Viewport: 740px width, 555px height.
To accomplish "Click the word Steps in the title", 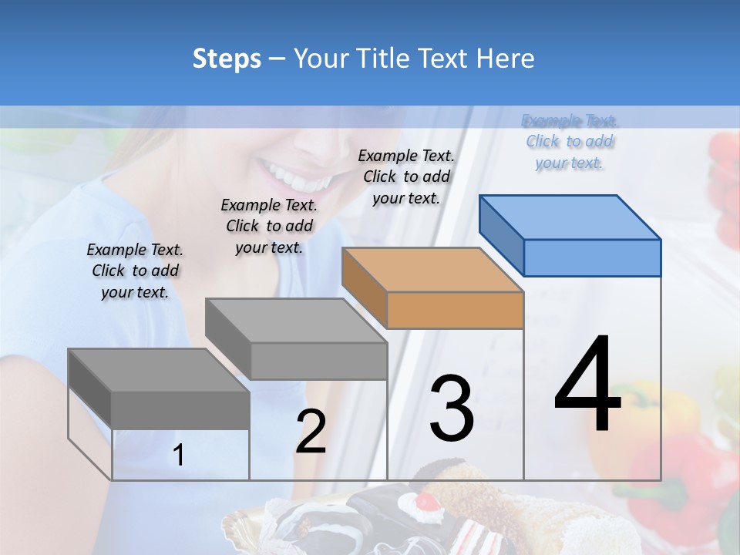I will click(227, 59).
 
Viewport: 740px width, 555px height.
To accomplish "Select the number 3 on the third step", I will click(451, 409).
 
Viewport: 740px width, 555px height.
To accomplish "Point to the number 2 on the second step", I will click(311, 432).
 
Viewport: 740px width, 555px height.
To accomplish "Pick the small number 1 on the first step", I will click(178, 456).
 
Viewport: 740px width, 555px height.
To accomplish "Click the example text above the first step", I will click(135, 271).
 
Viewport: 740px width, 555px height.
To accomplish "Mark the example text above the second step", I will click(269, 226).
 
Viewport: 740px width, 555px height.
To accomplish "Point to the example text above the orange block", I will click(406, 177).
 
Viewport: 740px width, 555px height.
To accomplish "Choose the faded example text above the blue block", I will click(570, 141).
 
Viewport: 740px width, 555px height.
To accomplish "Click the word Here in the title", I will click(506, 59).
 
